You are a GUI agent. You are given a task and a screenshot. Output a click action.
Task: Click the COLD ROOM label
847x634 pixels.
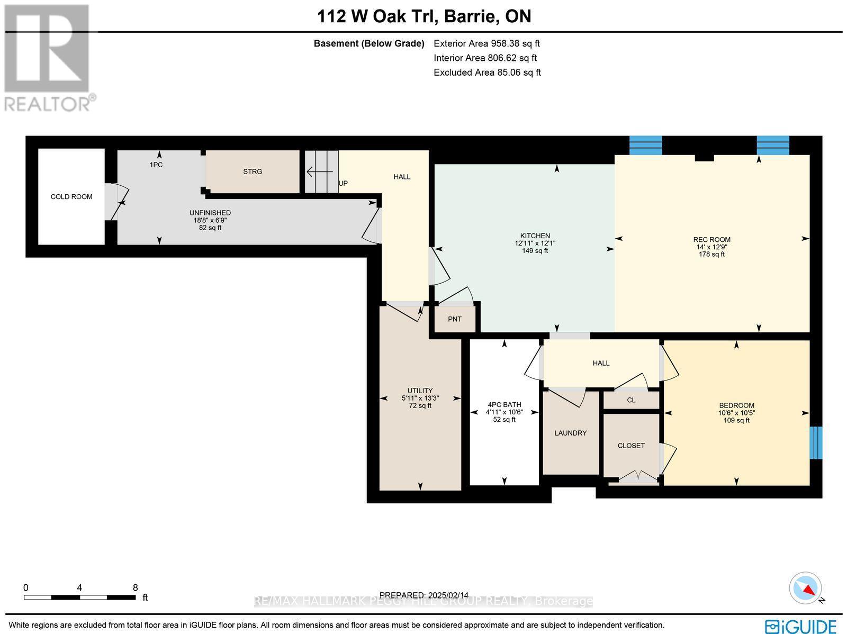click(71, 197)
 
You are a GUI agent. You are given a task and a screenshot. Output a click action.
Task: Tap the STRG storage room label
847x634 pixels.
click(253, 171)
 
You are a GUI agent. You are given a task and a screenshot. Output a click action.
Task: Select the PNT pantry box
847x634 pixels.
click(454, 319)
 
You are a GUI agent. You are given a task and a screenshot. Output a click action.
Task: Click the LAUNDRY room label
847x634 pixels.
click(570, 433)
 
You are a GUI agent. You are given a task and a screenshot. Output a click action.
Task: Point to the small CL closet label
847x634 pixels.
click(631, 400)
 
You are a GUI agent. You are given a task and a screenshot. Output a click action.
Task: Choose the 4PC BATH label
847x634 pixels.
click(504, 405)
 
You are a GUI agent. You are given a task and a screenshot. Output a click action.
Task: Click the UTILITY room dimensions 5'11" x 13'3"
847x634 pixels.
click(420, 398)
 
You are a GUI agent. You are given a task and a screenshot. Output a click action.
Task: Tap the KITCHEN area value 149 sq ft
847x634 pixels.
click(535, 251)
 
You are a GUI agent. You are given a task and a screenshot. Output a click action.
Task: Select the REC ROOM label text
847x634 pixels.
click(711, 239)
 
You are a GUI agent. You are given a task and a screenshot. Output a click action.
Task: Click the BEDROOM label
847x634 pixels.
click(736, 405)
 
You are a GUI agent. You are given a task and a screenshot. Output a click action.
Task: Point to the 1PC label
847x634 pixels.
click(156, 165)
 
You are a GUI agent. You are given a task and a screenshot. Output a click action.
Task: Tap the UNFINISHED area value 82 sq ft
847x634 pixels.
click(210, 228)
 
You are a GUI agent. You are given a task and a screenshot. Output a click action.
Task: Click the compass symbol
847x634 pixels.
click(806, 588)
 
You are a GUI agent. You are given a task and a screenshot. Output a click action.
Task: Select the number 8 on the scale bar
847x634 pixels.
click(136, 587)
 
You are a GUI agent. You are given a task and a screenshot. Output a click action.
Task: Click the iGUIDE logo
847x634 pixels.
click(800, 626)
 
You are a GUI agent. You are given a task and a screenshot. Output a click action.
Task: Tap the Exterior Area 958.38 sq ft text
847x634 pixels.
click(486, 44)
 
